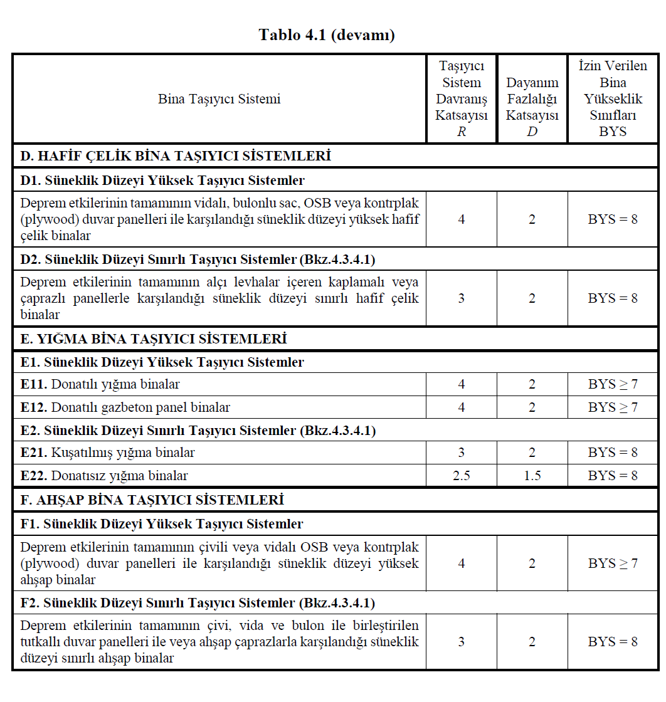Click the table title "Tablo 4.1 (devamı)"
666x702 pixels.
[x=327, y=35]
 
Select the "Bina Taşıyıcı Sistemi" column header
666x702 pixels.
[x=219, y=99]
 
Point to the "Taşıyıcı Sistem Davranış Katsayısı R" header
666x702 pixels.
[x=461, y=99]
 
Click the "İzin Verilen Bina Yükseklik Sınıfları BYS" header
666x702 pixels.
[x=612, y=99]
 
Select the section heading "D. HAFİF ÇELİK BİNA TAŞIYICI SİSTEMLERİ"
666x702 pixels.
[x=176, y=156]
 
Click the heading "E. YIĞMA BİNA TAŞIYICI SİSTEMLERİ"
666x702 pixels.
[x=154, y=339]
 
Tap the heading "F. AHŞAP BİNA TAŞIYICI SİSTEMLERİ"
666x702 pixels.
[x=152, y=500]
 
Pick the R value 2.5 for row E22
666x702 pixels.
[x=461, y=476]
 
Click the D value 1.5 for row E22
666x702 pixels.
[x=532, y=476]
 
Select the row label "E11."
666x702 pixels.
[x=34, y=384]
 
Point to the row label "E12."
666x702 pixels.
[x=34, y=407]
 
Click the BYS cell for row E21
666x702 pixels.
[x=612, y=453]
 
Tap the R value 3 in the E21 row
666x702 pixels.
[x=461, y=453]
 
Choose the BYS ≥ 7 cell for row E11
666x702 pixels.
[x=612, y=384]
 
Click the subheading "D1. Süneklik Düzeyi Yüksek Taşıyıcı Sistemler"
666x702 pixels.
[x=162, y=181]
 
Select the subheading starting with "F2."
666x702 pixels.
[x=198, y=603]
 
